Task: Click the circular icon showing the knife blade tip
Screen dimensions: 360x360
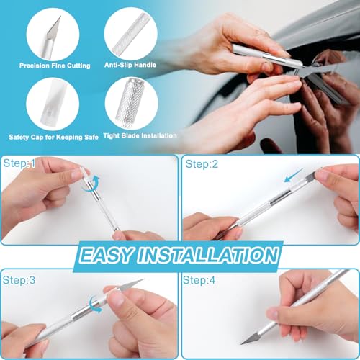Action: coord(55,34)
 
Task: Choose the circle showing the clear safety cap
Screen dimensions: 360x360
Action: coord(55,104)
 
